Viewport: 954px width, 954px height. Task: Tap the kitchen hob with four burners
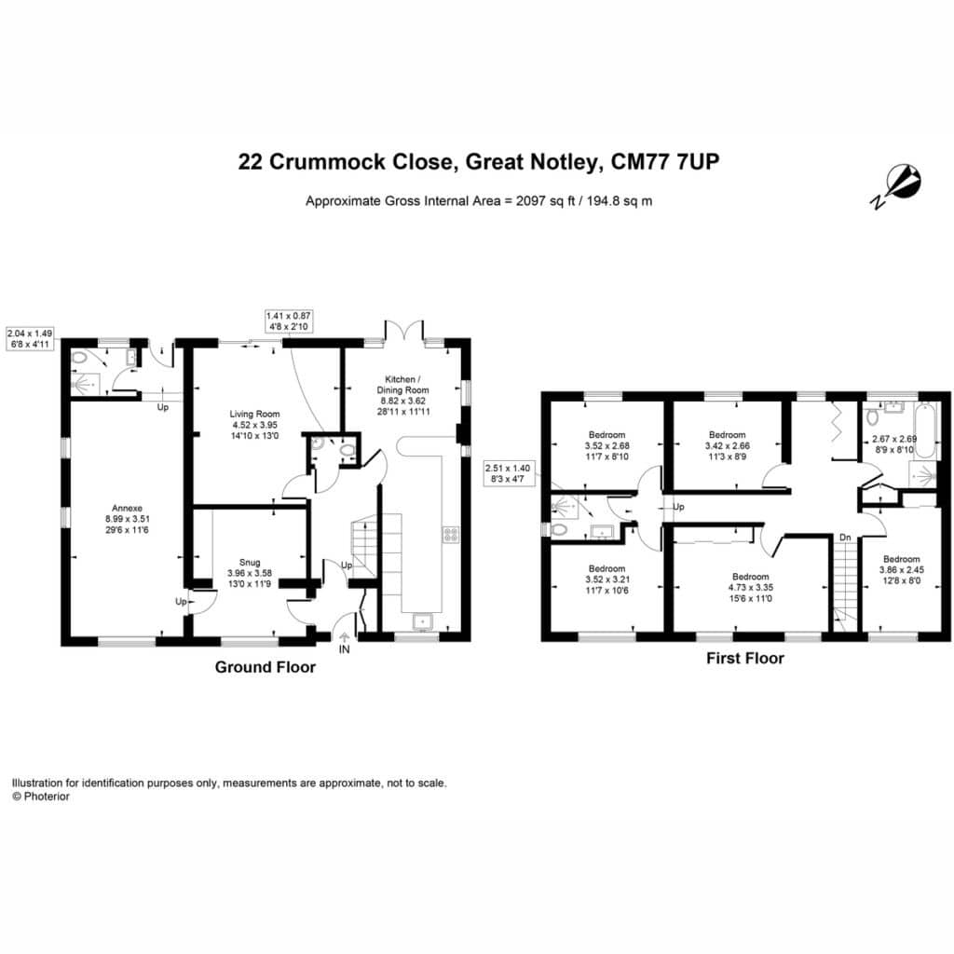click(x=451, y=534)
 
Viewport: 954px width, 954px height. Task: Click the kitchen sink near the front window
click(x=422, y=621)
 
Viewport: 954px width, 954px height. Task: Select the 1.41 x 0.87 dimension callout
click(x=289, y=321)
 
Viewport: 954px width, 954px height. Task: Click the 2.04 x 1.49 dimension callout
click(x=29, y=339)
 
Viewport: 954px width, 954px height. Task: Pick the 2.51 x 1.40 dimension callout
click(x=508, y=473)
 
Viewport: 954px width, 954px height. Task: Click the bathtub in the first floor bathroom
click(x=927, y=431)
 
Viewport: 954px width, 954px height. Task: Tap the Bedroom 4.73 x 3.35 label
click(x=751, y=587)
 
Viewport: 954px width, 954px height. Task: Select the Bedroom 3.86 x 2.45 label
click(x=902, y=569)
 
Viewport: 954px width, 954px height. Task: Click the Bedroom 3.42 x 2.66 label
click(x=728, y=445)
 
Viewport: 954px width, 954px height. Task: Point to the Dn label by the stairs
click(x=845, y=538)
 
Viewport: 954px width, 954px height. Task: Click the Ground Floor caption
click(x=266, y=667)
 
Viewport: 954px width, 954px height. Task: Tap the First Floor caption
click(x=745, y=658)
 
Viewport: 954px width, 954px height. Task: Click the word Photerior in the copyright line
click(x=47, y=797)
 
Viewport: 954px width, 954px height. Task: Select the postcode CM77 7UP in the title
click(x=665, y=162)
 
